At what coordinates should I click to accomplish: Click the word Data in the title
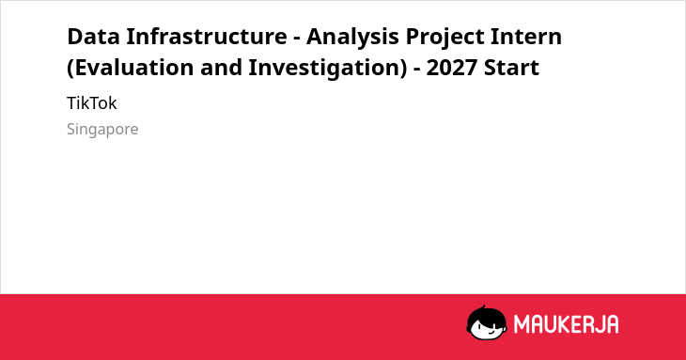(x=93, y=37)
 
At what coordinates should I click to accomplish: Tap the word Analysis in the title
(x=352, y=38)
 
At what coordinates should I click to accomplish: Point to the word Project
(x=444, y=38)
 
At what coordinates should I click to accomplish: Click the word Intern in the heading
(x=526, y=37)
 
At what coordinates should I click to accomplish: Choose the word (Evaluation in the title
(x=130, y=69)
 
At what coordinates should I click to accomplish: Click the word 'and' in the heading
(x=221, y=68)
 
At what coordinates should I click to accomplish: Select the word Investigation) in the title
(x=328, y=69)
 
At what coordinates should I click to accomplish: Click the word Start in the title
(x=511, y=68)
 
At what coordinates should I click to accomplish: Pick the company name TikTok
(x=92, y=103)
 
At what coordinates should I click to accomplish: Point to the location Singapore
(x=102, y=130)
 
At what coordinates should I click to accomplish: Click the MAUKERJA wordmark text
(x=566, y=324)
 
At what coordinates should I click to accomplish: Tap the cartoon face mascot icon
(x=487, y=322)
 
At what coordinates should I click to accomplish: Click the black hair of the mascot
(x=486, y=314)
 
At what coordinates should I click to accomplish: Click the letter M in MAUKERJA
(x=522, y=324)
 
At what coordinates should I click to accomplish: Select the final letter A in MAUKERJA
(x=612, y=324)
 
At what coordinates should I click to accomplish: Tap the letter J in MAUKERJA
(x=599, y=324)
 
